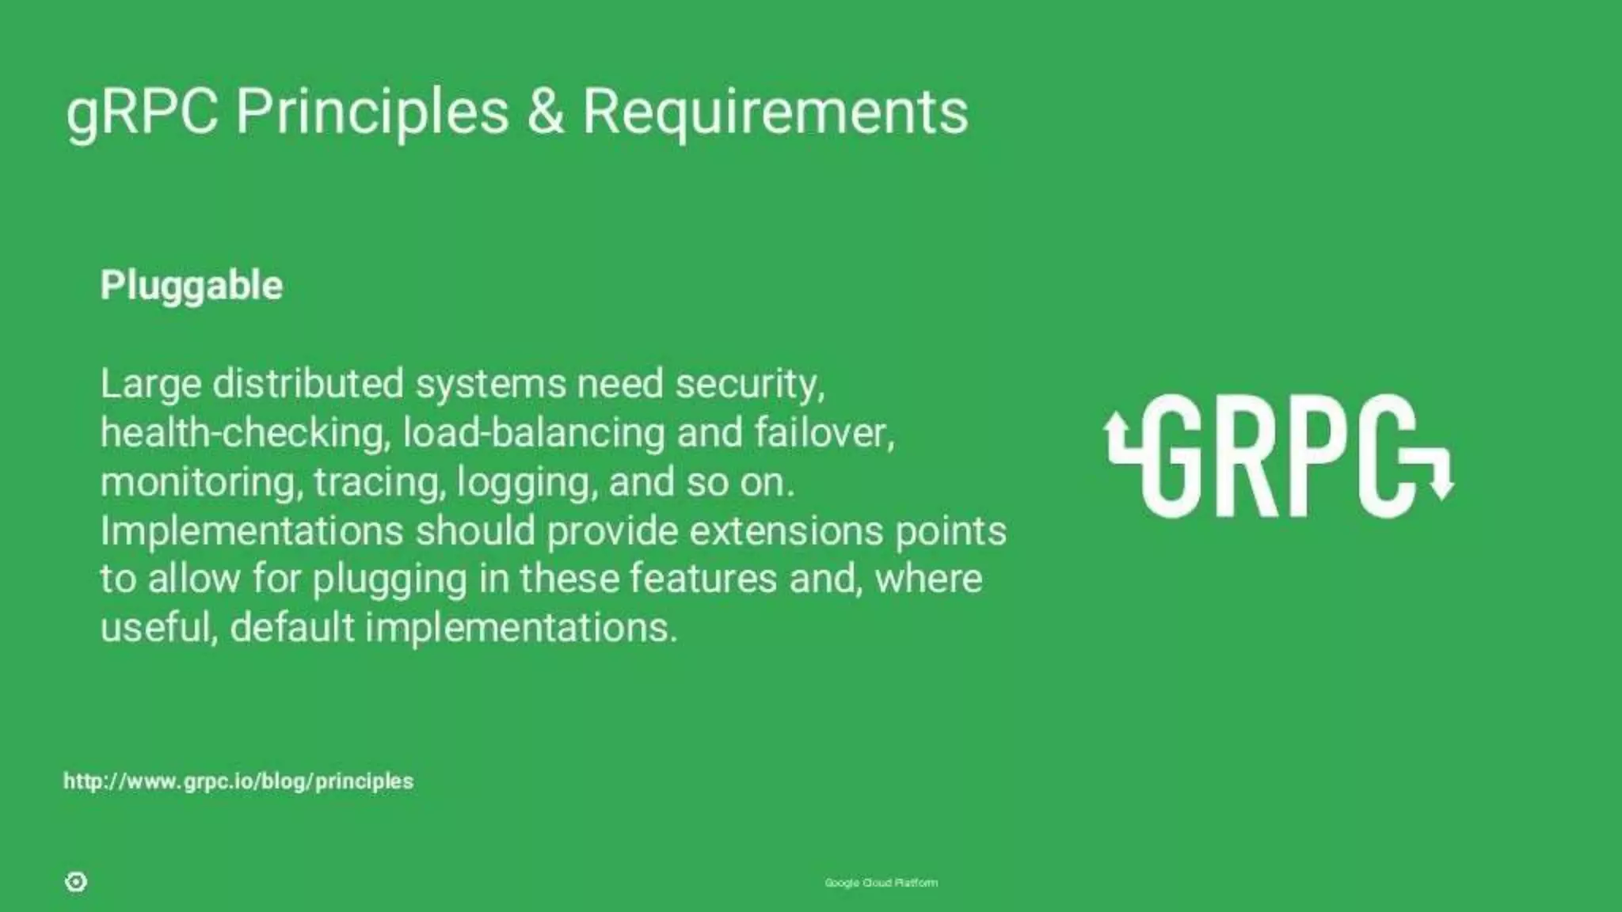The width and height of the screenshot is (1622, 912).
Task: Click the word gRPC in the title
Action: (142, 112)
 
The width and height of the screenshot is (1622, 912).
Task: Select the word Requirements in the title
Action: (775, 112)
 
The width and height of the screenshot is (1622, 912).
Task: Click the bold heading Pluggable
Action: (191, 286)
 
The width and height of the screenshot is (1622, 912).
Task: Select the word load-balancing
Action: (533, 433)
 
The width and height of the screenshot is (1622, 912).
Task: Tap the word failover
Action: (824, 433)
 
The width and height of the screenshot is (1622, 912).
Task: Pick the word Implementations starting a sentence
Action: (252, 530)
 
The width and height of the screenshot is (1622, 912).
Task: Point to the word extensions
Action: (786, 530)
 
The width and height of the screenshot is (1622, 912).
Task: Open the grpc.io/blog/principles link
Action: (238, 781)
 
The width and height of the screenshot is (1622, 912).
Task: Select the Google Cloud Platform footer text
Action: (881, 883)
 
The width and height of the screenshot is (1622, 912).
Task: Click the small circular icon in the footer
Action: (76, 882)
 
